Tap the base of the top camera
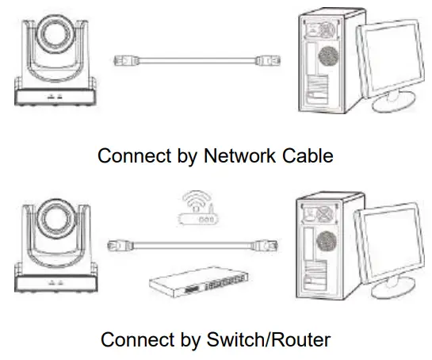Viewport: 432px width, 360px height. tap(55, 98)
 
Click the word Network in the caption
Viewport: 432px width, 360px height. tap(239, 156)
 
